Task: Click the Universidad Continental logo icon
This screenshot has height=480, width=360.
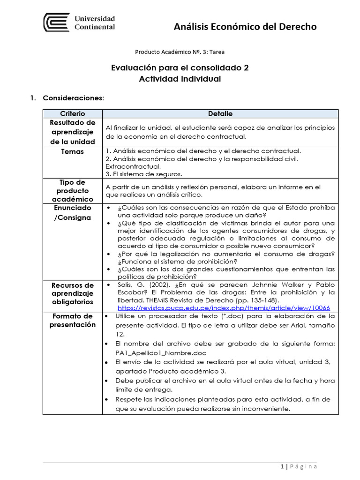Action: (57, 22)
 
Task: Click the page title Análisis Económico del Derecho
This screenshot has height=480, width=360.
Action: (245, 27)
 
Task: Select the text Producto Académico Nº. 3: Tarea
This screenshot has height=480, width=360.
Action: (183, 52)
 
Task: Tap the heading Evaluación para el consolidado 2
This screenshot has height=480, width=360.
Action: (180, 67)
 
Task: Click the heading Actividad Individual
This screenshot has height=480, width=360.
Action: (180, 79)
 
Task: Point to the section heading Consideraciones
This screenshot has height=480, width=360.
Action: (74, 98)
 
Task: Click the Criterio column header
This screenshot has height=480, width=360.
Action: (73, 113)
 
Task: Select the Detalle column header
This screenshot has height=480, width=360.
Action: (220, 113)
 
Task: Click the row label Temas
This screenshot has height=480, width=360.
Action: (73, 151)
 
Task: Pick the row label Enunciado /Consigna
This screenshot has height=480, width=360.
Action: (73, 212)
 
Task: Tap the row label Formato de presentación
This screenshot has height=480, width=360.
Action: (73, 320)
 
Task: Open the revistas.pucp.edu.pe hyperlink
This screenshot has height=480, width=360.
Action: (224, 308)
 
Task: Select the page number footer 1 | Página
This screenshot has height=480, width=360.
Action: (299, 466)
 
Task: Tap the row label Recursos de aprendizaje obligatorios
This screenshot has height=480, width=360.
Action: (73, 293)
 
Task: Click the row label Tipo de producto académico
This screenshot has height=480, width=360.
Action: (73, 190)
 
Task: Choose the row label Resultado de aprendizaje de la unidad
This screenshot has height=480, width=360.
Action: (73, 132)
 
